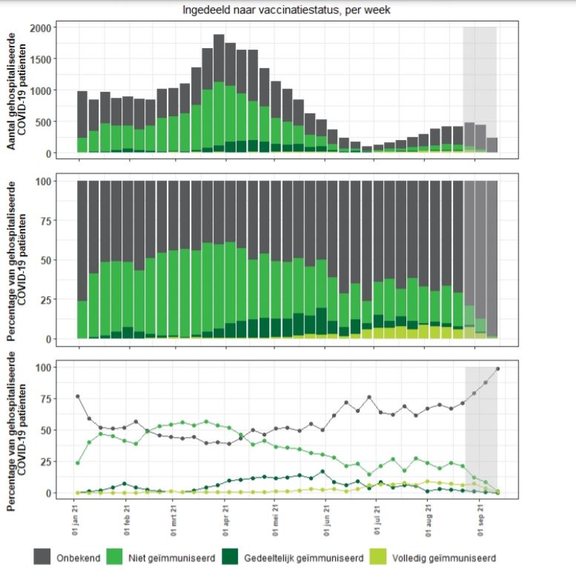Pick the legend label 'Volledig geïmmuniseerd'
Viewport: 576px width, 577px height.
tap(444, 558)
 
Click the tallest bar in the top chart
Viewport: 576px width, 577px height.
tap(219, 93)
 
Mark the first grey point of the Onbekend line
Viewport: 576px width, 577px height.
tap(78, 396)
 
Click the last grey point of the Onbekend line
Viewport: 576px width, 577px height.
tap(498, 369)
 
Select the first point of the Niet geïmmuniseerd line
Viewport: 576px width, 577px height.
tap(78, 463)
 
